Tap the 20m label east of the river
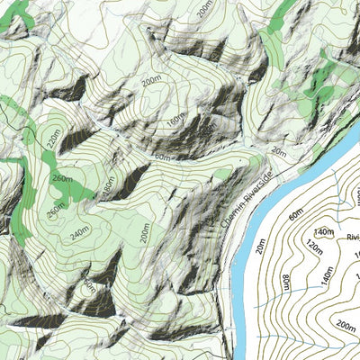(260, 244)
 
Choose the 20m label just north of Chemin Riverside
(278, 150)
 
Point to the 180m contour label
(107, 186)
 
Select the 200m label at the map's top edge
(205, 9)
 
